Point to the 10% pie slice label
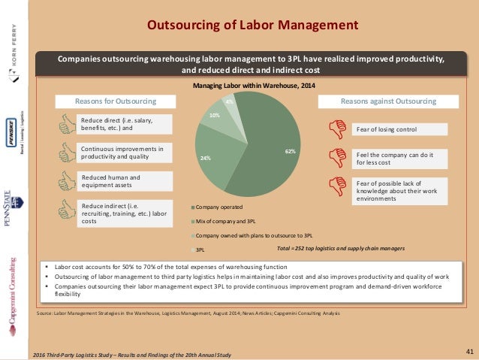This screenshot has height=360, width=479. point(214,115)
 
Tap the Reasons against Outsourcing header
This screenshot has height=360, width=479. point(388,100)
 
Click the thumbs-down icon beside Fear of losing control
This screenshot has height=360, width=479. point(334,129)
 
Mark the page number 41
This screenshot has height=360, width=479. point(468,349)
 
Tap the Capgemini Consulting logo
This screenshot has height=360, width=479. point(13,289)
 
